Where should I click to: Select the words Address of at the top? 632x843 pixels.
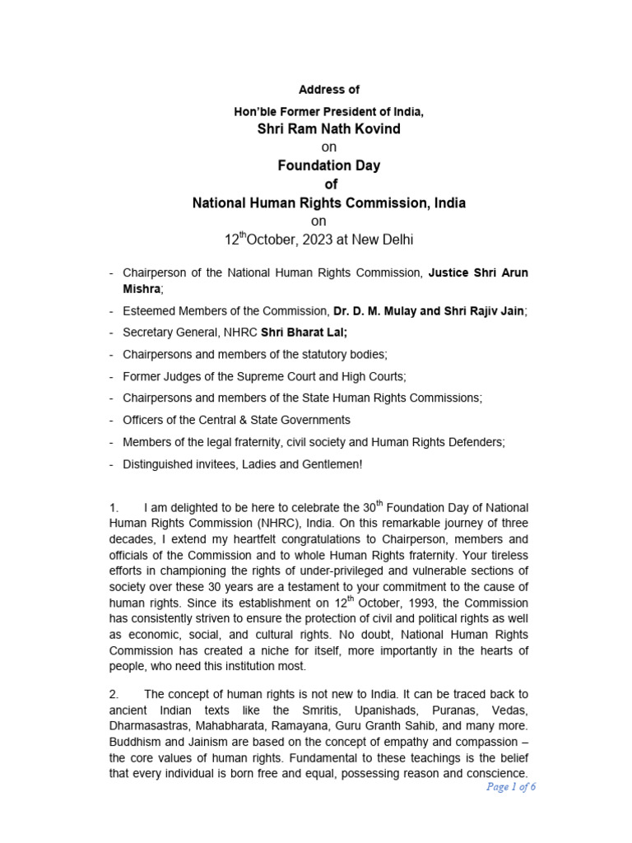(x=328, y=89)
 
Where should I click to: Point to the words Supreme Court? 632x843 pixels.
(x=283, y=376)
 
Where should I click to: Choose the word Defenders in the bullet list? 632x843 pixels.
(x=474, y=442)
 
